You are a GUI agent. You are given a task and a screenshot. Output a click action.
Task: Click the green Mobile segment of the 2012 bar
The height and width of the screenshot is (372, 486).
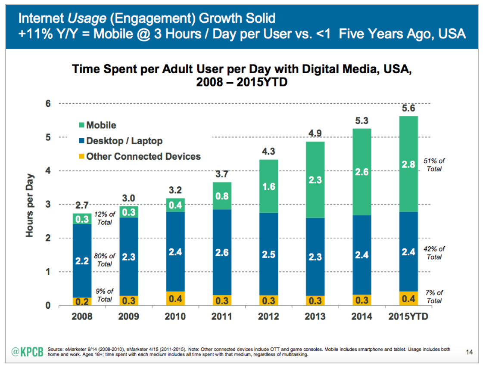click(x=268, y=186)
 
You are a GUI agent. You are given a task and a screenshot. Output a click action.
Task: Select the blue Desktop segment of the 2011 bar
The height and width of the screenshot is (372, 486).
click(x=222, y=252)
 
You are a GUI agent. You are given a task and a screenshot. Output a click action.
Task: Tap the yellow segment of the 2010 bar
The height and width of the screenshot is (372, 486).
click(x=175, y=298)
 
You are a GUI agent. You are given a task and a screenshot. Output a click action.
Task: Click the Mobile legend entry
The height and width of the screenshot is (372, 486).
click(x=97, y=125)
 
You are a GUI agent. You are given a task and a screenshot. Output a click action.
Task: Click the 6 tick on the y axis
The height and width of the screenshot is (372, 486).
click(x=48, y=104)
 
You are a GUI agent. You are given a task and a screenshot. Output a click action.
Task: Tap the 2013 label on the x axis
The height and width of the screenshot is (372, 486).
click(x=315, y=317)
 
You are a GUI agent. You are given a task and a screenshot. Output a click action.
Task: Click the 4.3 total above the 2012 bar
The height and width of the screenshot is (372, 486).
click(x=268, y=152)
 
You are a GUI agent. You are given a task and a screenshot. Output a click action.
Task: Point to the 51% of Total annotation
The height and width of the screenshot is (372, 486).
click(x=434, y=165)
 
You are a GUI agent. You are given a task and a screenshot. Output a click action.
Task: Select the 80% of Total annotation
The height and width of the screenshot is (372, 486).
click(x=105, y=260)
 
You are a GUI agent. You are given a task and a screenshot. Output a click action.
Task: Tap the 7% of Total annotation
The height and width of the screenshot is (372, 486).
click(x=434, y=297)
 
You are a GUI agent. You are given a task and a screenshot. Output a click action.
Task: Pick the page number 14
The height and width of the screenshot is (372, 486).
click(x=470, y=353)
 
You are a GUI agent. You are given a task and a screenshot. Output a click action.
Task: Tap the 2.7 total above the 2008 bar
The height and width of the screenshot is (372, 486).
click(x=82, y=205)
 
